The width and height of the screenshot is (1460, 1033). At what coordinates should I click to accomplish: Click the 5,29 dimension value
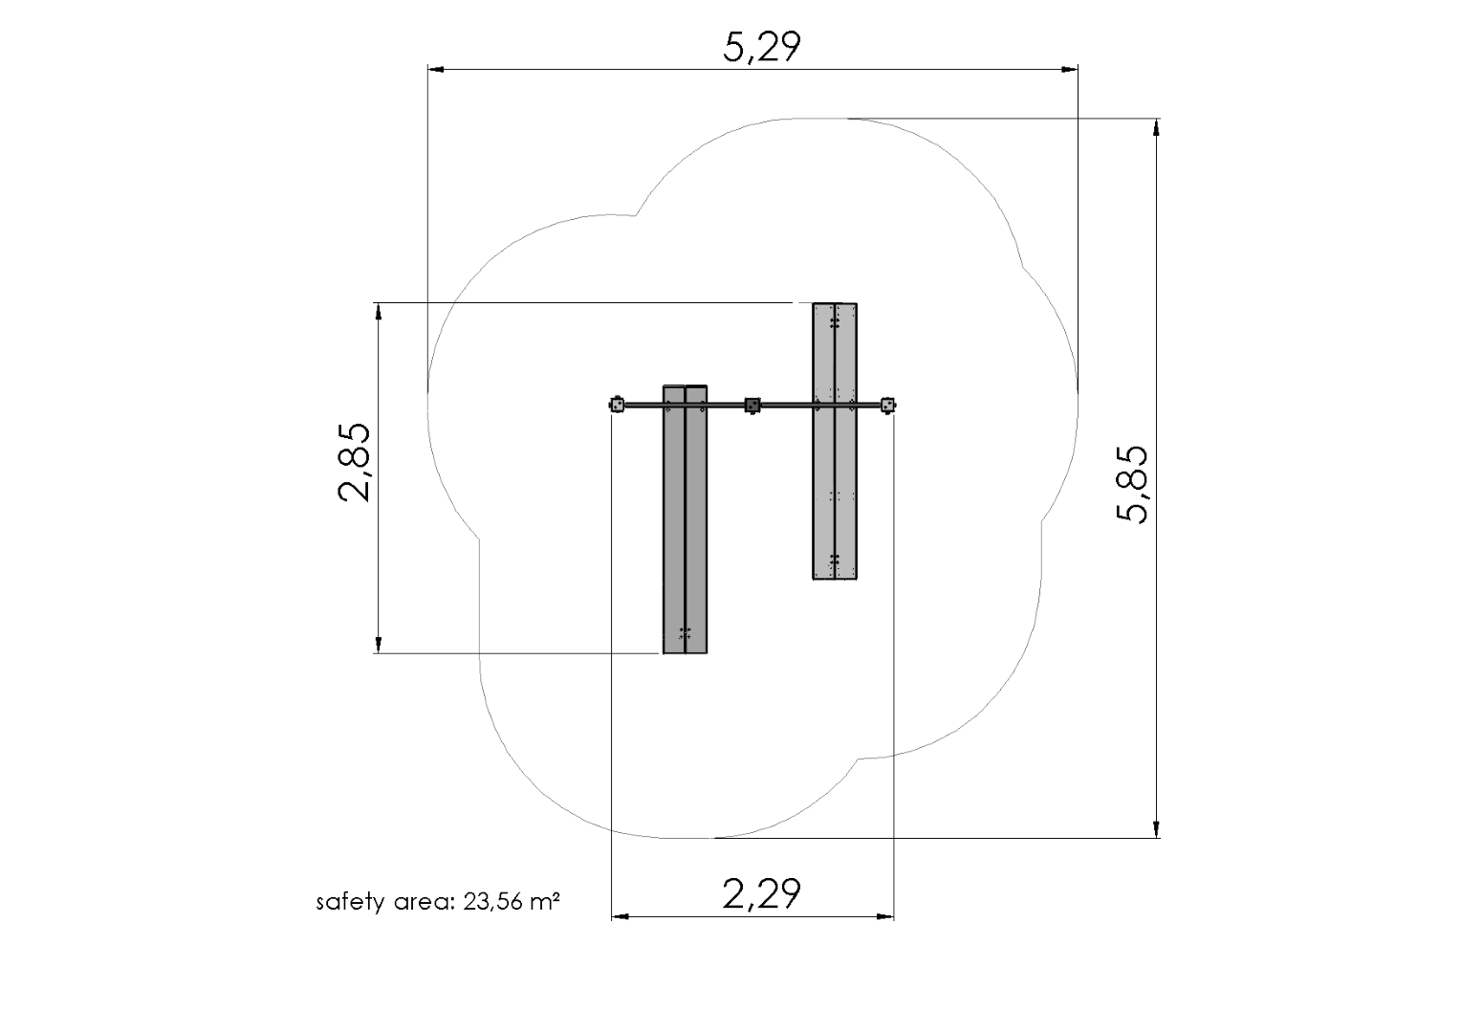(762, 48)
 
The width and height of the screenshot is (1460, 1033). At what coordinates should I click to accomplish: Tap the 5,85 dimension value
(1132, 484)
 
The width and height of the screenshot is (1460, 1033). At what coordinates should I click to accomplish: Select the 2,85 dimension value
(354, 462)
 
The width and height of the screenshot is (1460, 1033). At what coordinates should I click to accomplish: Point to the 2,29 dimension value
(762, 893)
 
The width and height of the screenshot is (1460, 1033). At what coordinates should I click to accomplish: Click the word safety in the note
(350, 902)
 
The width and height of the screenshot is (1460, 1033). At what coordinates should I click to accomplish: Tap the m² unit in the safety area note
(545, 901)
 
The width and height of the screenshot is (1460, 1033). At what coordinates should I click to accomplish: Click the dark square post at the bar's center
(752, 406)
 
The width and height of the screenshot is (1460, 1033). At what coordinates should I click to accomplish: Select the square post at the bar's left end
(617, 405)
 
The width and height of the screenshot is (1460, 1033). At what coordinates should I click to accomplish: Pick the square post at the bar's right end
(887, 406)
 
